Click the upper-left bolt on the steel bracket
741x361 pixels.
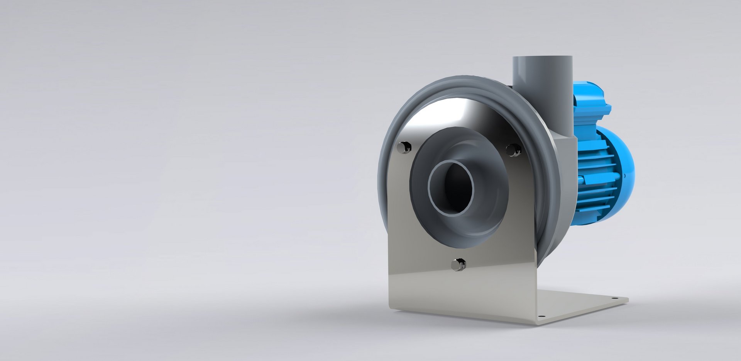coord(404,147)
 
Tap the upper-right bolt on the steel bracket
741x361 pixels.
coord(513,150)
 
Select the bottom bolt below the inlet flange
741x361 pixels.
coord(458,264)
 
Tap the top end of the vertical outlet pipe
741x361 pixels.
coord(542,58)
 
